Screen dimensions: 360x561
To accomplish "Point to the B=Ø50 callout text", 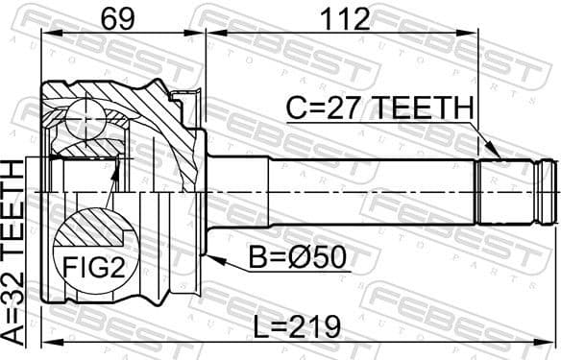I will (x=298, y=259).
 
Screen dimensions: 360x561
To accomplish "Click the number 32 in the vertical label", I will (x=15, y=282).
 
